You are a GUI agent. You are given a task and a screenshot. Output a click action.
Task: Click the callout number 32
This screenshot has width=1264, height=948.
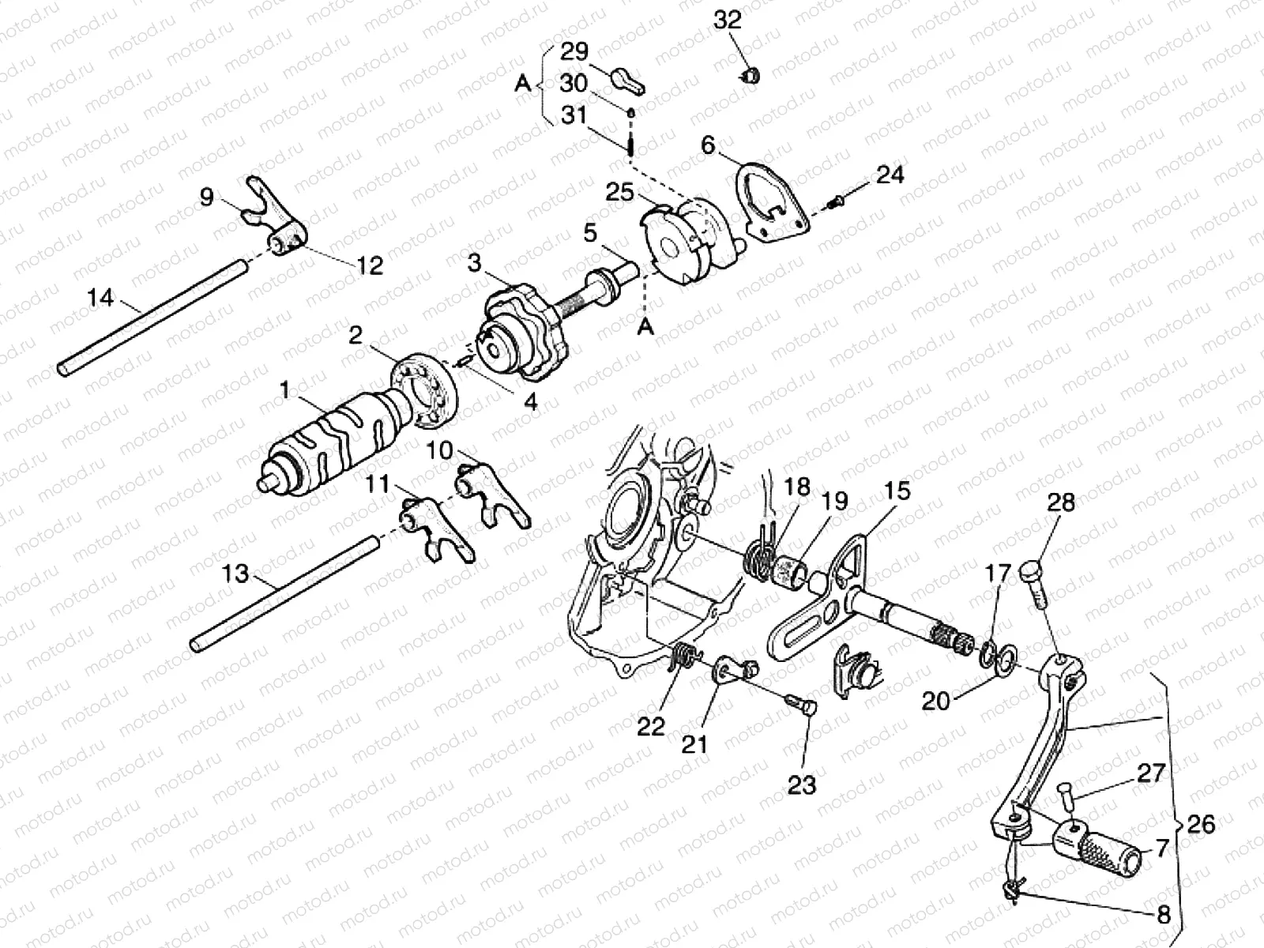click(727, 20)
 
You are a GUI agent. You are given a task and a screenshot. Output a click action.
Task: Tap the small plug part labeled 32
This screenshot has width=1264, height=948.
click(751, 76)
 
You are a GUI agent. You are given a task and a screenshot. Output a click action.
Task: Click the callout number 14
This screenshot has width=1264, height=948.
click(100, 298)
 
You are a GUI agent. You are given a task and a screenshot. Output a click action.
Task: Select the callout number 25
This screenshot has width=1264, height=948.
click(620, 192)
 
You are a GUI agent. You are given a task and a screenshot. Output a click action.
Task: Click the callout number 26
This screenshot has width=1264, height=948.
click(1201, 824)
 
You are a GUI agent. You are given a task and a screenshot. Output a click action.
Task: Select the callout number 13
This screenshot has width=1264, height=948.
click(235, 573)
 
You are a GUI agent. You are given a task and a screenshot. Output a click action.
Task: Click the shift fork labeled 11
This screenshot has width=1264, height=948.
click(434, 529)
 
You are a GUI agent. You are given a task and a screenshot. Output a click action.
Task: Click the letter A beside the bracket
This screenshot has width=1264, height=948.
click(522, 83)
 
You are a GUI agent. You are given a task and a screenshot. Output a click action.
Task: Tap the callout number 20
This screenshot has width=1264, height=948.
click(936, 701)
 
